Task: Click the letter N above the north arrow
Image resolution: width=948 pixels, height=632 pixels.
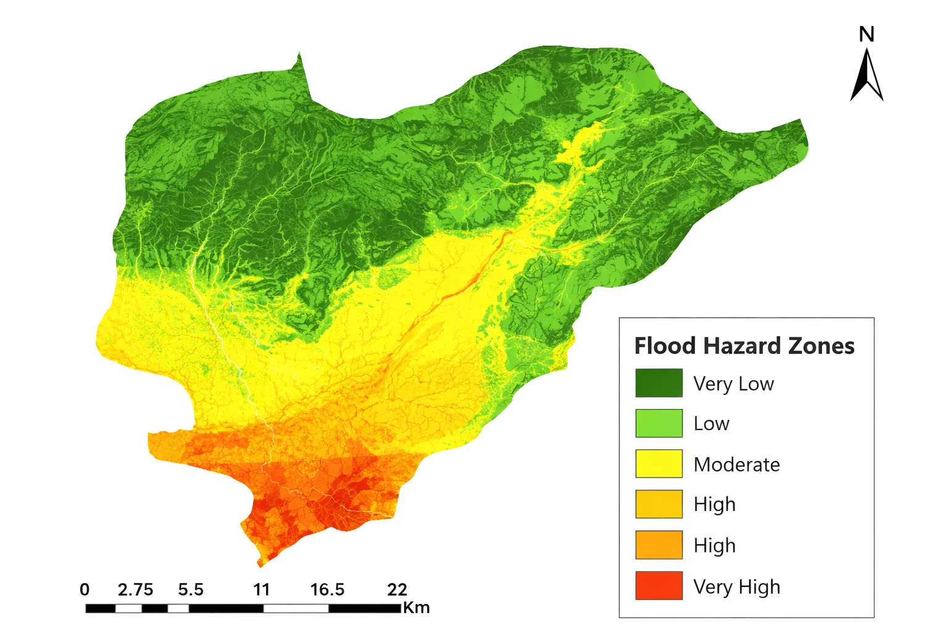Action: (867, 35)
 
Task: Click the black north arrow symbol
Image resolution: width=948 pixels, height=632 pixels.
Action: (867, 77)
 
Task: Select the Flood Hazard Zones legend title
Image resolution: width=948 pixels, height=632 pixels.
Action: (744, 346)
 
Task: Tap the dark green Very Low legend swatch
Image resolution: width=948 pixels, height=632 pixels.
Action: (659, 383)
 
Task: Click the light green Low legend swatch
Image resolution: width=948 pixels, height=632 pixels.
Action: (659, 423)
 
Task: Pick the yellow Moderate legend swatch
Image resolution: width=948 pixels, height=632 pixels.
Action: (659, 464)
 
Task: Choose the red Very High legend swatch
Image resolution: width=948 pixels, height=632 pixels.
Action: (659, 586)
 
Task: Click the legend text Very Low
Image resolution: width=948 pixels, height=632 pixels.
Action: (733, 384)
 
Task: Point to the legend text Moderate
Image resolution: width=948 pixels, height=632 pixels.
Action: (736, 465)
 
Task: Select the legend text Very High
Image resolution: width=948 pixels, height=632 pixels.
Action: (736, 586)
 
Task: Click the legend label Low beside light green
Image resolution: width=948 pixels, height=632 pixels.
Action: (711, 424)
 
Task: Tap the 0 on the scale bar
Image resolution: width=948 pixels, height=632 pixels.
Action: (85, 589)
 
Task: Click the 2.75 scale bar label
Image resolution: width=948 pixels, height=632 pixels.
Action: (135, 589)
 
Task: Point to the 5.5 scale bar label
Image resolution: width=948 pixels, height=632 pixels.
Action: (191, 589)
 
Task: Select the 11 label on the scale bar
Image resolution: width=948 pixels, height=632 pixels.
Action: (262, 589)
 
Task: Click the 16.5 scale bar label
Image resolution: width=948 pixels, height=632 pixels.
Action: (327, 589)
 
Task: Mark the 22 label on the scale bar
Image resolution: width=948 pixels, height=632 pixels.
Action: (397, 589)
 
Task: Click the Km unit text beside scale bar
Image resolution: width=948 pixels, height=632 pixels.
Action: (417, 608)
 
